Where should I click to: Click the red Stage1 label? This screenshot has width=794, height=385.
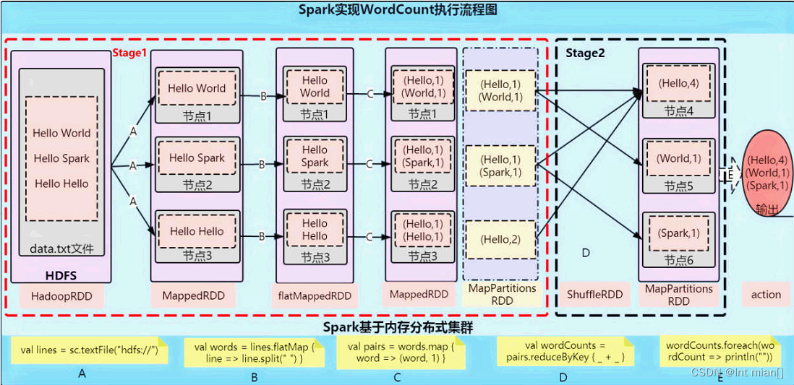pyautogui.click(x=129, y=53)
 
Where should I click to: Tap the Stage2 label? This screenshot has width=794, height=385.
pyautogui.click(x=584, y=53)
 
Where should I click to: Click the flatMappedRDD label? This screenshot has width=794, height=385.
pyautogui.click(x=315, y=295)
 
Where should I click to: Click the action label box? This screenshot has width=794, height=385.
pyautogui.click(x=766, y=294)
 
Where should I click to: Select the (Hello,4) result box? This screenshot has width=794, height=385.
pyautogui.click(x=678, y=84)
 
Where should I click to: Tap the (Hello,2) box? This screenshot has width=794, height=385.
pyautogui.click(x=500, y=239)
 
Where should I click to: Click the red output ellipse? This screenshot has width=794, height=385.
pyautogui.click(x=768, y=173)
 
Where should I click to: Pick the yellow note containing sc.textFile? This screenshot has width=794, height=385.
pyautogui.click(x=89, y=351)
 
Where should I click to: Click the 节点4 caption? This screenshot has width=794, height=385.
pyautogui.click(x=679, y=111)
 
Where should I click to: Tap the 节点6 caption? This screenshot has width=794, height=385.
pyautogui.click(x=679, y=259)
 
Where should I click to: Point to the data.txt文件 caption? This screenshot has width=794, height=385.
pyautogui.click(x=62, y=250)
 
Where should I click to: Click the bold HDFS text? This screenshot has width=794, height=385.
pyautogui.click(x=61, y=275)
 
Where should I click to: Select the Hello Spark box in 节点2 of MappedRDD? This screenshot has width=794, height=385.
pyautogui.click(x=197, y=158)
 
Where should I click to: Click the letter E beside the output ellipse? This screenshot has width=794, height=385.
pyautogui.click(x=730, y=174)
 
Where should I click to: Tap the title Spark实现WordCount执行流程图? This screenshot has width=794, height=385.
pyautogui.click(x=398, y=10)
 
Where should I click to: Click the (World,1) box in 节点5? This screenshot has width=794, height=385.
pyautogui.click(x=678, y=158)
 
